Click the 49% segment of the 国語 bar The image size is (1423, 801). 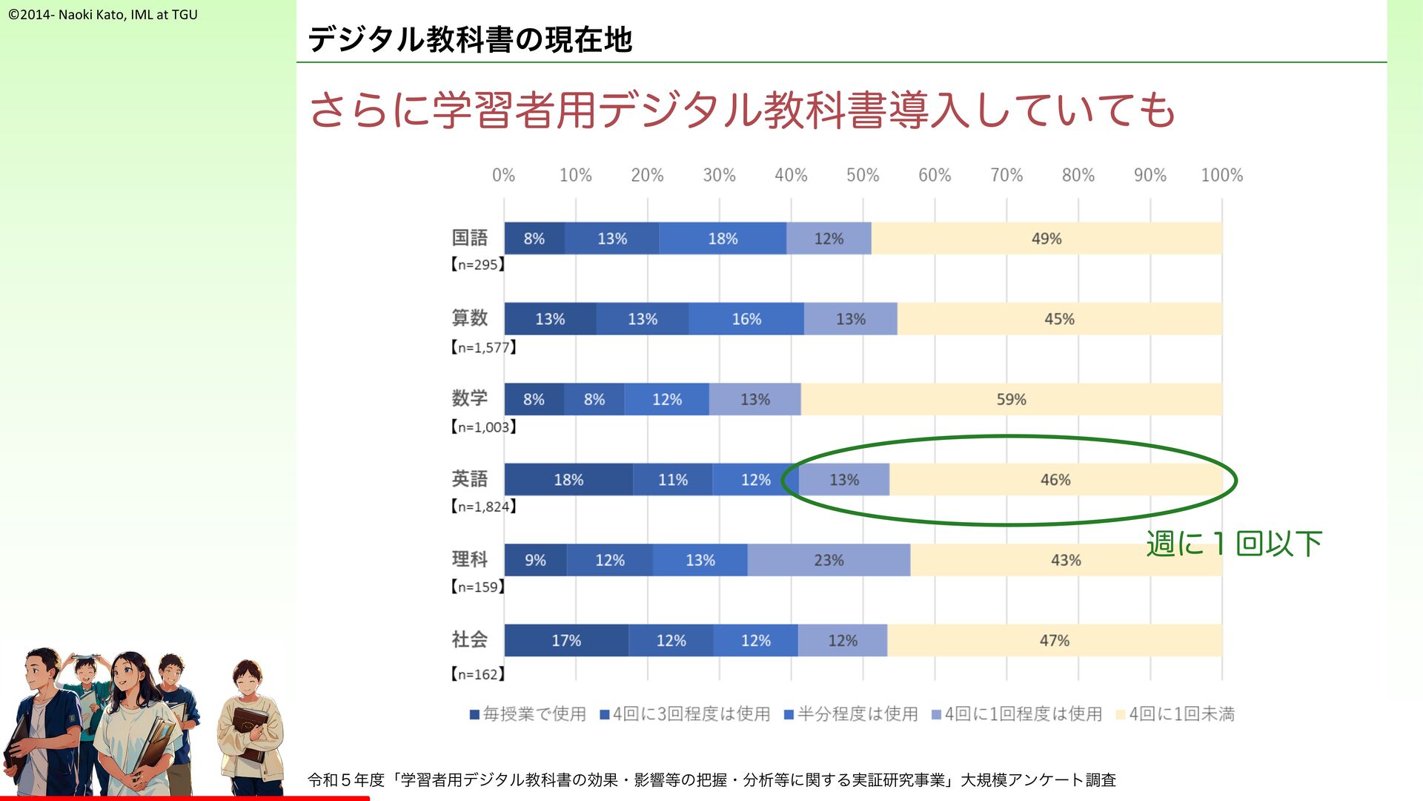(1046, 239)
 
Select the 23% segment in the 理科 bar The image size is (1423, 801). (829, 560)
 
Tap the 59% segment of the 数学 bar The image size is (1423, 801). (1011, 399)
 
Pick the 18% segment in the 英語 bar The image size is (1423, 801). (568, 480)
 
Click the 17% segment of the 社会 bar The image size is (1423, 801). (566, 640)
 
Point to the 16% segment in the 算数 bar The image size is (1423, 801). (746, 319)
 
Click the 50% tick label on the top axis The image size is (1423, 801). (863, 175)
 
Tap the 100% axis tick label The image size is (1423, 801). (1221, 175)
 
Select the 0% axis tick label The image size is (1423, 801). (503, 175)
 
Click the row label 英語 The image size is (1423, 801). (469, 478)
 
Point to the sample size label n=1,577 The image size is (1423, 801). (483, 347)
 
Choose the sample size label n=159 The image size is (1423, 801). (478, 587)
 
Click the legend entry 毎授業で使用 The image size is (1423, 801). (528, 713)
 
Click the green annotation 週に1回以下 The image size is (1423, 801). (1233, 544)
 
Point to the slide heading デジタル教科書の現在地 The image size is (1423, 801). (470, 39)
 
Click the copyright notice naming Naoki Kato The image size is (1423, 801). (103, 14)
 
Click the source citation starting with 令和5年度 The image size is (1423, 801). (711, 779)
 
